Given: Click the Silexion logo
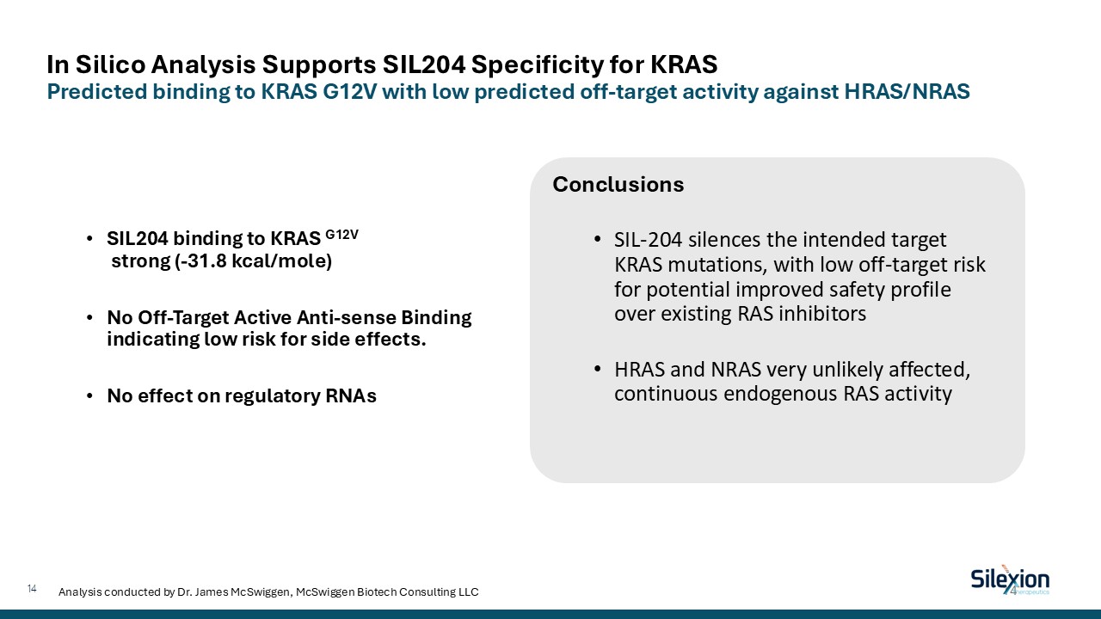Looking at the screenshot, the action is [x=1010, y=580].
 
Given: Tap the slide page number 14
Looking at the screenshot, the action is [x=32, y=589].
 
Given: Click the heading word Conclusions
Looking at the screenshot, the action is [x=618, y=185].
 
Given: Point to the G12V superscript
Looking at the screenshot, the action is [x=342, y=235].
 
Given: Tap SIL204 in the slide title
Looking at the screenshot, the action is [x=424, y=64].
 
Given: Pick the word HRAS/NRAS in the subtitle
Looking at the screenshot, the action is [x=907, y=91].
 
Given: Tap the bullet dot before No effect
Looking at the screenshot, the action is [x=89, y=396].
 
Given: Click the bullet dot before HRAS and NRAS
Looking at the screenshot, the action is [x=597, y=369].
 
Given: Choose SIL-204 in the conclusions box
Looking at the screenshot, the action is [x=648, y=240].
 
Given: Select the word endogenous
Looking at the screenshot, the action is [x=780, y=394].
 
